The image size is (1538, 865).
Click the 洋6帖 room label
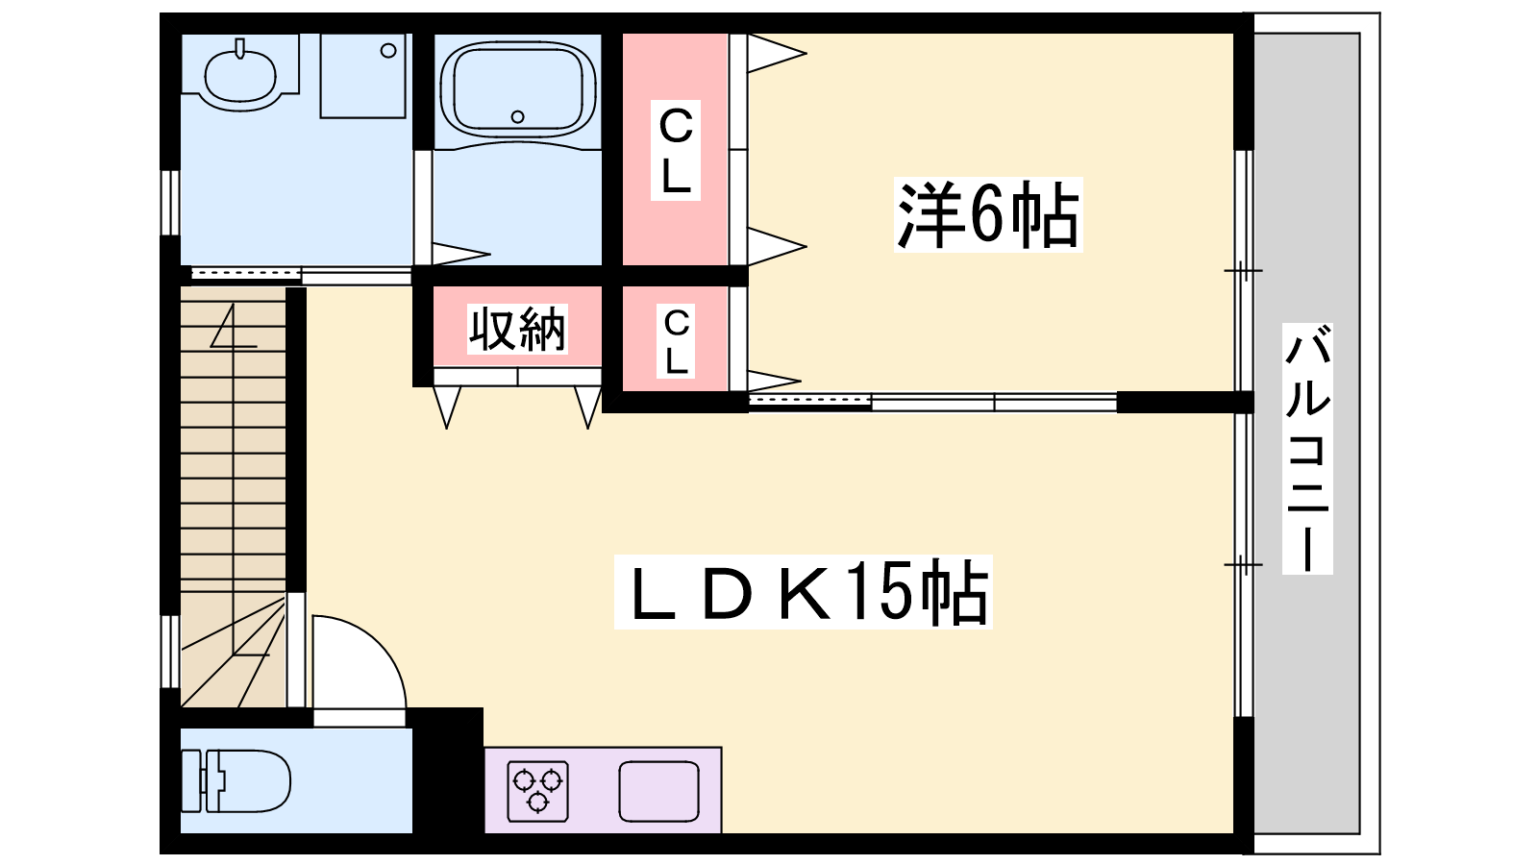pos(987,214)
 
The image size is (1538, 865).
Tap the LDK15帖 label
pos(804,592)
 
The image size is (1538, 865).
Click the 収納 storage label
pos(517,329)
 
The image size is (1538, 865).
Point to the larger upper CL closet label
pos(676,150)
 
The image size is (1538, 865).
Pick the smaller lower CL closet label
pos(676,341)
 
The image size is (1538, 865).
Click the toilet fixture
pos(236,780)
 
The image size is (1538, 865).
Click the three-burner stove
pos(537,791)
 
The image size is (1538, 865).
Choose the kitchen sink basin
pos(658,791)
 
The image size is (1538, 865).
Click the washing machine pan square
pos(363,76)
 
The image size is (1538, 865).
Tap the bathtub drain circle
pos(518,116)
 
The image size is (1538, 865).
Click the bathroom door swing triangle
pos(460,254)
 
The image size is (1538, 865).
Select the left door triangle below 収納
pos(447,408)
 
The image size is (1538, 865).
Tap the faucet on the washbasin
pos(239,49)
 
